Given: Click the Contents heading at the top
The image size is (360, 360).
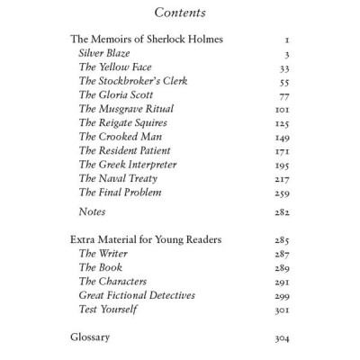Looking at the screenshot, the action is [x=180, y=13].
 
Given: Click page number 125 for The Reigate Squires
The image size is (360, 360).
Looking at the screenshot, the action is [x=279, y=123].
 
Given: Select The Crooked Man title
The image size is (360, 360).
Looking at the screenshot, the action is [x=118, y=137].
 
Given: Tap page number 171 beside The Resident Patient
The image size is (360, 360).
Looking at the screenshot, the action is [x=279, y=150].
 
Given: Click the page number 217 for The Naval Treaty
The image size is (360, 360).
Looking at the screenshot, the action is [x=279, y=178].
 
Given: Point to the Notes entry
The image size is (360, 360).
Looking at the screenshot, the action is [x=93, y=212].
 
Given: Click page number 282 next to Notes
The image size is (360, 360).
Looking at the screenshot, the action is [x=279, y=212].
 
